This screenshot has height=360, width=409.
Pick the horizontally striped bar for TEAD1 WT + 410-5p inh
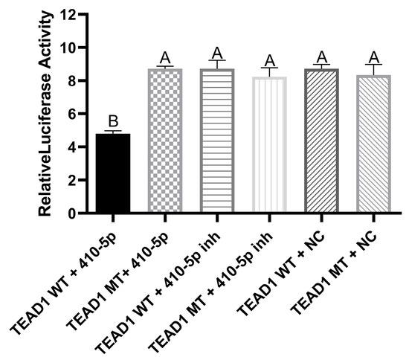pos(218,141)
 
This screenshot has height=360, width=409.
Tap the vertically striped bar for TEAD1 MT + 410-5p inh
pos(270,145)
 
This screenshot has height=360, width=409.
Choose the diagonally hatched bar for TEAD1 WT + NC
pos(322,141)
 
